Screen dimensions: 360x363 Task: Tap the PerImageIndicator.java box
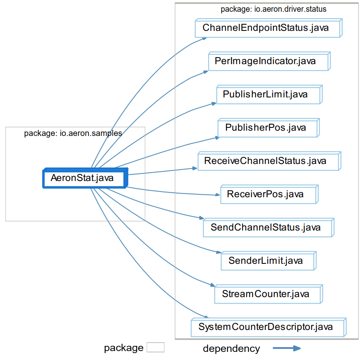point(268,62)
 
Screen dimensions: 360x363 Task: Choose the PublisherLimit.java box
point(268,95)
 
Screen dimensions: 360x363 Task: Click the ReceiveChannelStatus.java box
point(268,162)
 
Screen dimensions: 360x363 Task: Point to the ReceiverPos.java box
point(268,195)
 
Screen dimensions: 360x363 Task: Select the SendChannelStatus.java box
point(268,228)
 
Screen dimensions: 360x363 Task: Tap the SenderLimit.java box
point(268,261)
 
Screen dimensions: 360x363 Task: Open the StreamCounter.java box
point(268,294)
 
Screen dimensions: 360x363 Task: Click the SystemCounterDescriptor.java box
point(268,328)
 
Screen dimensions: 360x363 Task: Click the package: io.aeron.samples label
point(73,133)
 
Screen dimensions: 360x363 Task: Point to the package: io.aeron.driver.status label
point(273,9)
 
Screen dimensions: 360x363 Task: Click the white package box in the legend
point(156,348)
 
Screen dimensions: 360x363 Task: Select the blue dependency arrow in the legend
point(286,348)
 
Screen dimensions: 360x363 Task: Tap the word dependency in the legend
point(231,348)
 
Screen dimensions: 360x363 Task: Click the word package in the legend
point(123,348)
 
